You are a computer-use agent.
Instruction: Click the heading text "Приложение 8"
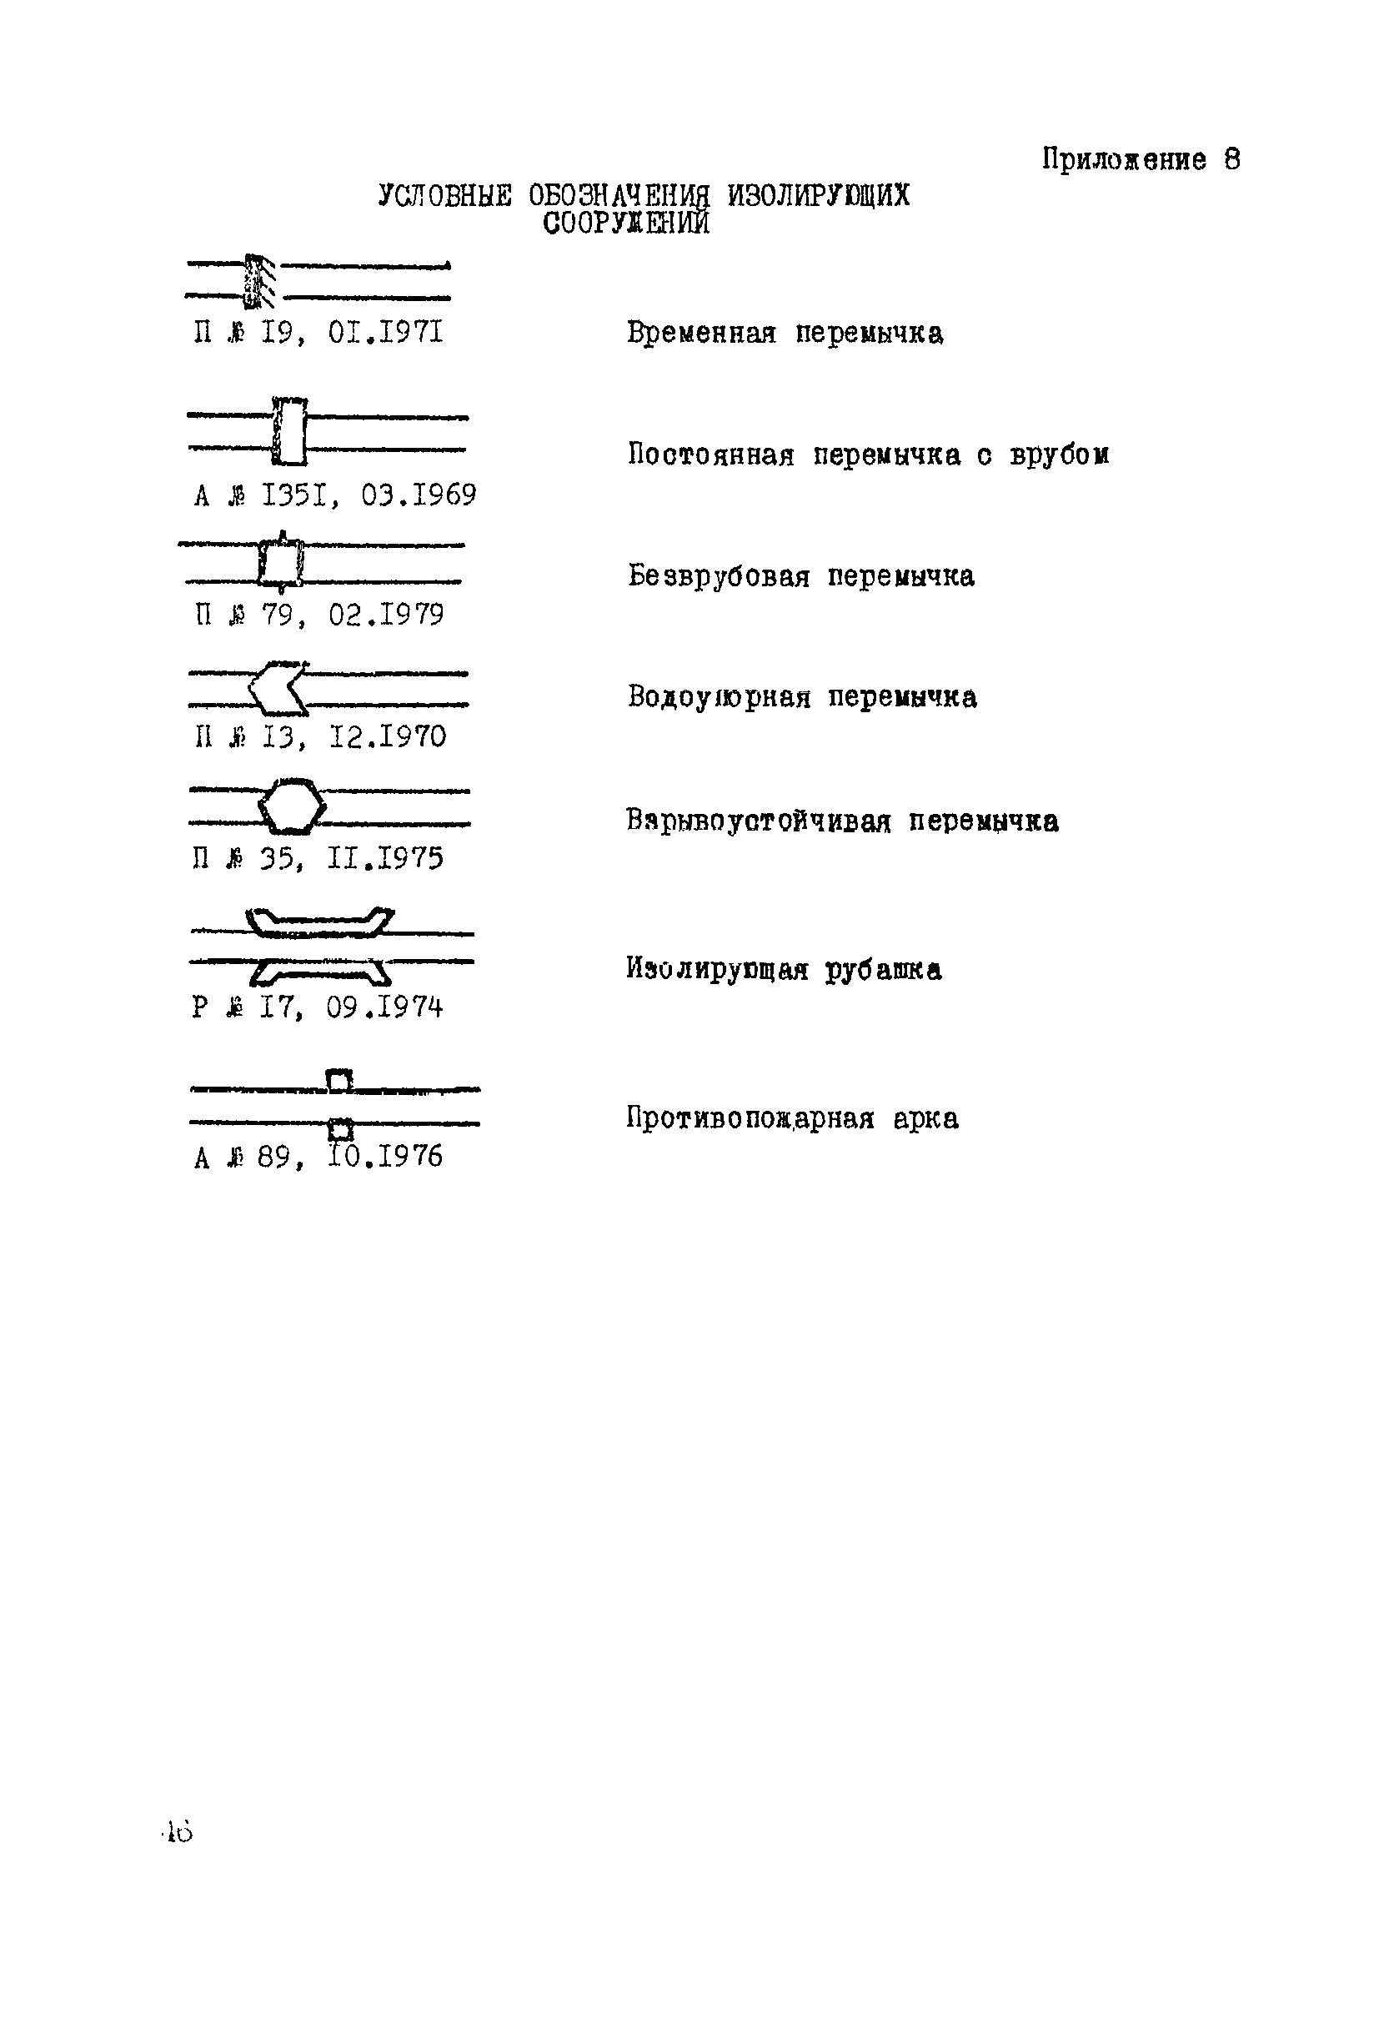click(1141, 160)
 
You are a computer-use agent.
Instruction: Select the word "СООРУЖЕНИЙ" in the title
click(626, 223)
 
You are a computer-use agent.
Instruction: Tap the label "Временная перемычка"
click(785, 333)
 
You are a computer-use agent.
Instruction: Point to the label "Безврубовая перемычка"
click(800, 576)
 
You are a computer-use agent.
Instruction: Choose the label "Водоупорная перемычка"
click(801, 696)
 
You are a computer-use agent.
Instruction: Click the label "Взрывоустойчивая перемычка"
click(841, 821)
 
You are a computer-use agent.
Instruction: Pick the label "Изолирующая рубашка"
click(783, 969)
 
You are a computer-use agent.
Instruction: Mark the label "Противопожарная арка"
click(792, 1118)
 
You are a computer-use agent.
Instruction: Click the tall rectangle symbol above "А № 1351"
click(290, 432)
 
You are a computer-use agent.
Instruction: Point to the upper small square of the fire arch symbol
click(338, 1081)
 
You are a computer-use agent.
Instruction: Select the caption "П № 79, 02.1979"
click(318, 615)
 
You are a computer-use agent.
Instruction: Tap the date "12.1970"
click(388, 736)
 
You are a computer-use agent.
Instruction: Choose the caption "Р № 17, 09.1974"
click(317, 1007)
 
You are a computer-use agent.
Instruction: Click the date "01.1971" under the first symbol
click(385, 333)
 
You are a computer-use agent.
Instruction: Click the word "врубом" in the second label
click(1060, 455)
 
